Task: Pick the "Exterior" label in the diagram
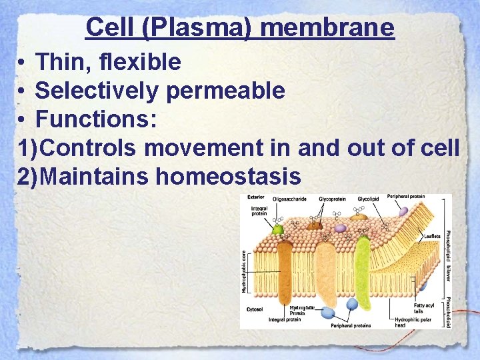[x=256, y=197]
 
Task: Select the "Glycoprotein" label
[x=332, y=198]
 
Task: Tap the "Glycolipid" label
[x=368, y=198]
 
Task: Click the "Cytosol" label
[x=255, y=309]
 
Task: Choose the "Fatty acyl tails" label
[x=423, y=308]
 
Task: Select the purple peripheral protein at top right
[x=403, y=211]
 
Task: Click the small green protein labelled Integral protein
[x=278, y=230]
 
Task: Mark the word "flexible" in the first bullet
[x=141, y=62]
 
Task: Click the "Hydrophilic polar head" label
[x=413, y=323]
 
